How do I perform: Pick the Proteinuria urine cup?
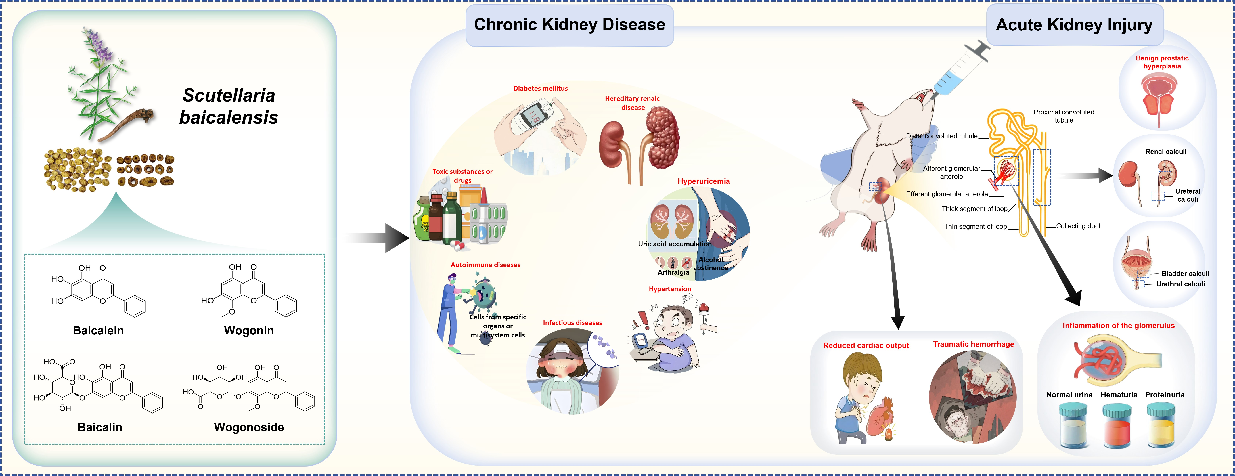(x=1161, y=426)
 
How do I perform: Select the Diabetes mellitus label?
(x=540, y=88)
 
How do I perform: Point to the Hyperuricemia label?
(x=703, y=181)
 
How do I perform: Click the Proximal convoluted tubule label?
(x=1064, y=116)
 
